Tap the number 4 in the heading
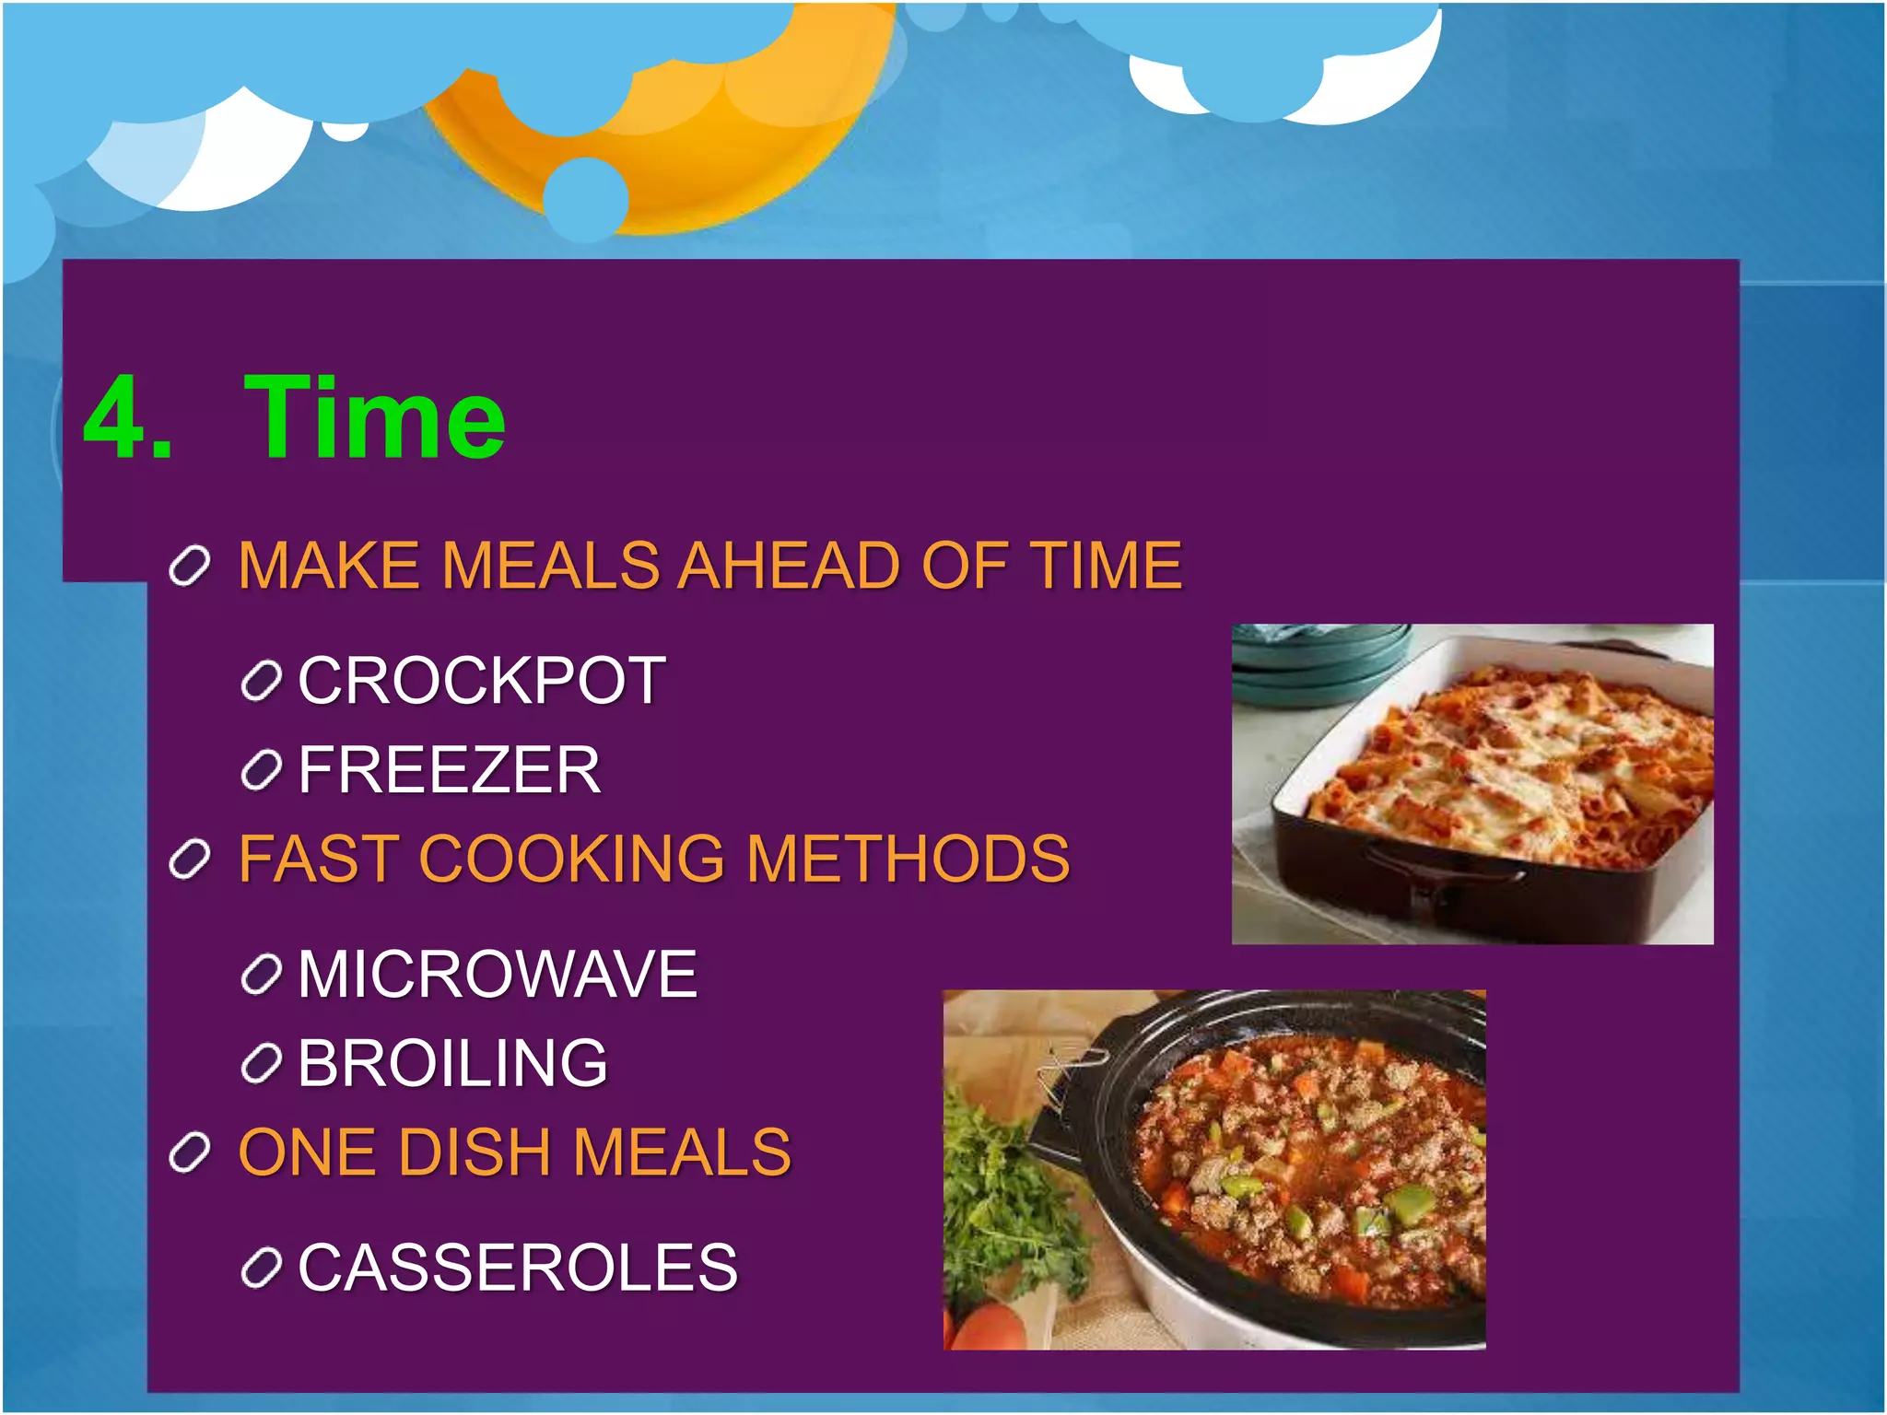click(x=115, y=419)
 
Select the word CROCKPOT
click(x=481, y=681)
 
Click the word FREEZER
click(x=450, y=770)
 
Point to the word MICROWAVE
click(x=498, y=974)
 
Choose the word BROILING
click(x=452, y=1063)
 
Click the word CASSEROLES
click(x=518, y=1268)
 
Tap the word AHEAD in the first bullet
click(x=789, y=565)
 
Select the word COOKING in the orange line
click(x=572, y=859)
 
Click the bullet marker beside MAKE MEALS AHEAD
click(x=191, y=566)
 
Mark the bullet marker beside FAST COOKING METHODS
click(x=191, y=860)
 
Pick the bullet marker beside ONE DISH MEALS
click(x=191, y=1152)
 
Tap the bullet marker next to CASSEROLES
click(x=261, y=1269)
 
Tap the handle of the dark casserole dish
click(x=1437, y=871)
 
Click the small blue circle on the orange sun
click(x=586, y=199)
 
